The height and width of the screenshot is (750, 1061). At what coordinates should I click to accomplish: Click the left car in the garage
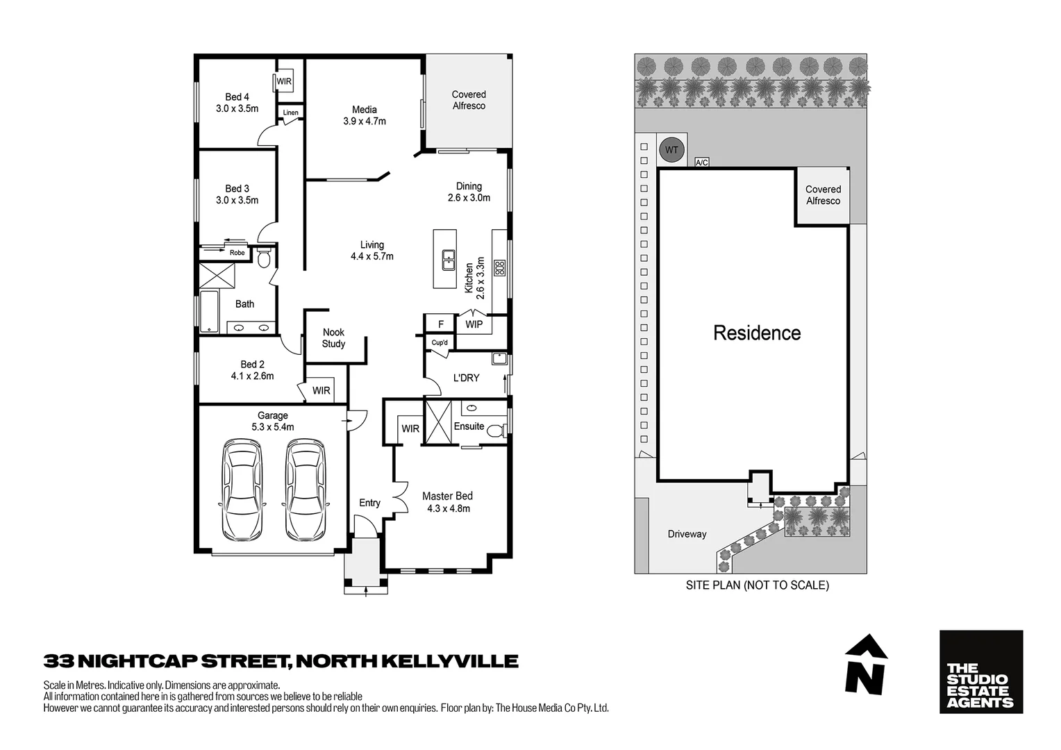[x=242, y=490]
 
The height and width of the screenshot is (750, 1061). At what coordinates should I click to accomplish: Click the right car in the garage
[x=306, y=490]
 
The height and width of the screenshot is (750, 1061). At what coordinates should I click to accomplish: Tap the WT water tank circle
[x=671, y=150]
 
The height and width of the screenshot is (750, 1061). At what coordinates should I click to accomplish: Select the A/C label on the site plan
[x=702, y=162]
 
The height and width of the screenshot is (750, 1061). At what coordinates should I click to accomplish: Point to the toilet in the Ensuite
[x=496, y=431]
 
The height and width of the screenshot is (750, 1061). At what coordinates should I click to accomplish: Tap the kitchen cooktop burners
[x=499, y=267]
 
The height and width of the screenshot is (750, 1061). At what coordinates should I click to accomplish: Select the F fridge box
[x=440, y=324]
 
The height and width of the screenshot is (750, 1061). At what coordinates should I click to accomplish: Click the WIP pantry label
[x=474, y=324]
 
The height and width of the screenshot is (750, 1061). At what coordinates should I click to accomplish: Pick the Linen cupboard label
[x=290, y=112]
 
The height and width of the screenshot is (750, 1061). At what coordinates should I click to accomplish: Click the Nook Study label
[x=333, y=338]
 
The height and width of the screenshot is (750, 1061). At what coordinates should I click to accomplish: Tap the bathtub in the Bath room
[x=209, y=311]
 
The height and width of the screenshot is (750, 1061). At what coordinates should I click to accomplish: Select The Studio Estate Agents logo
[x=980, y=672]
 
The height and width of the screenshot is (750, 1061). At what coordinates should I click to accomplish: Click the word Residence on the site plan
[x=757, y=333]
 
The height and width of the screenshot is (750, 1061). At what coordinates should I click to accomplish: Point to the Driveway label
[x=687, y=534]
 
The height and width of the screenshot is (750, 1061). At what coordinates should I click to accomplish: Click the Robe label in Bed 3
[x=237, y=253]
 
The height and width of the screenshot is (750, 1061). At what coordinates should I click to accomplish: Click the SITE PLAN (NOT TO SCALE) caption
[x=757, y=585]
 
